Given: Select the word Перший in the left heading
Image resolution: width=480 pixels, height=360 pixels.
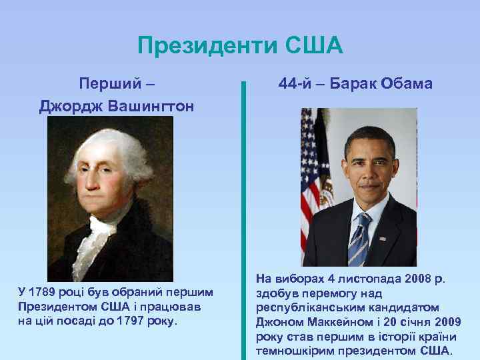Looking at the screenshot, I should pyautogui.click(x=109, y=85).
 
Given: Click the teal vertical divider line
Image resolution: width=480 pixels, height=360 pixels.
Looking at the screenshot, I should pyautogui.click(x=244, y=220).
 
